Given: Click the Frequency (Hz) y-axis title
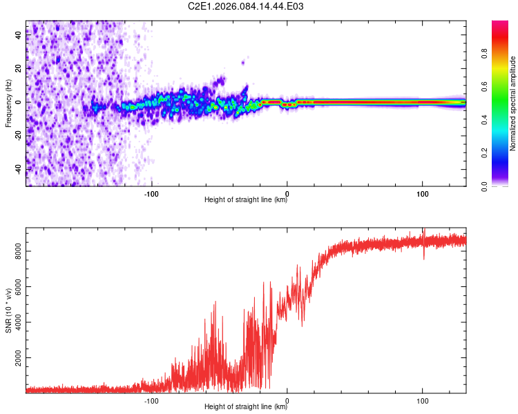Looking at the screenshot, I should [x=9, y=103].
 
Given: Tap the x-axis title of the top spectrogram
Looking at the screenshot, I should [x=246, y=200].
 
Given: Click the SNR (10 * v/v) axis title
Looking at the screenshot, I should [x=9, y=310].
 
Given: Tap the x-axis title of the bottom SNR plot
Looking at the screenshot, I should [x=246, y=407].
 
